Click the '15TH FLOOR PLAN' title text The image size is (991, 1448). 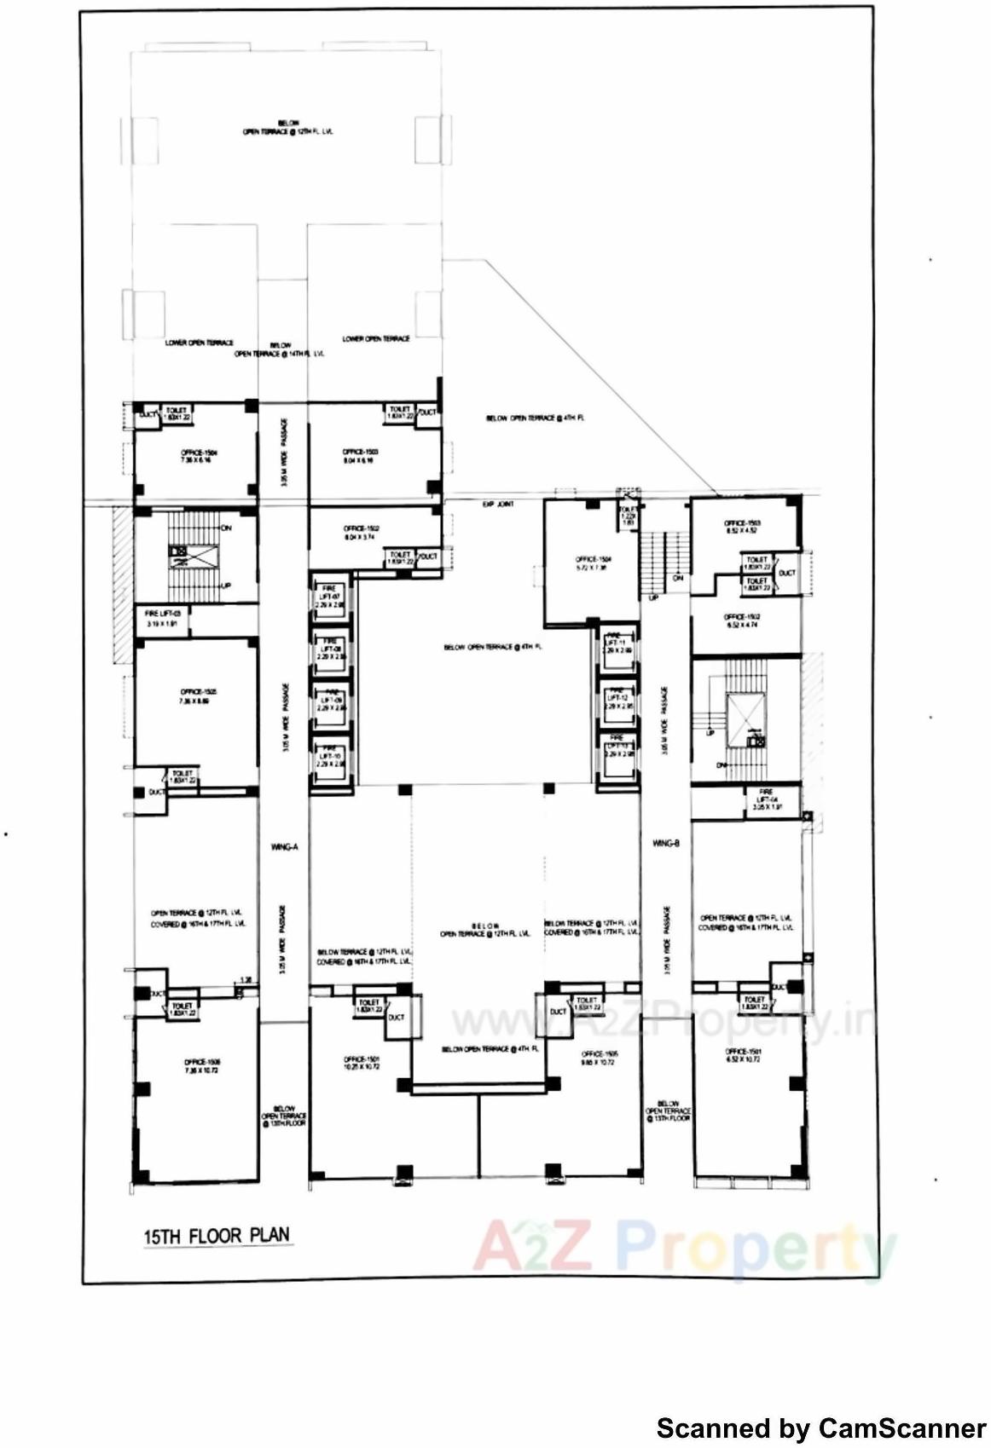click(x=217, y=1235)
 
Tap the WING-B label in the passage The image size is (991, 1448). click(x=665, y=844)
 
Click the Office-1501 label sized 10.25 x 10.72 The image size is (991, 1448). click(x=362, y=1063)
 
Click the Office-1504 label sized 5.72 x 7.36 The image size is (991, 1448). click(x=590, y=563)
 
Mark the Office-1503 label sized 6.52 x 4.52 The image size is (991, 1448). click(x=742, y=527)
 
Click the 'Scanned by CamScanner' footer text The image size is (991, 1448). click(x=820, y=1428)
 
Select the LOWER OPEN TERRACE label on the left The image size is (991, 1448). click(x=199, y=343)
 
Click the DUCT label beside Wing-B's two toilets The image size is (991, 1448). click(x=786, y=573)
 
